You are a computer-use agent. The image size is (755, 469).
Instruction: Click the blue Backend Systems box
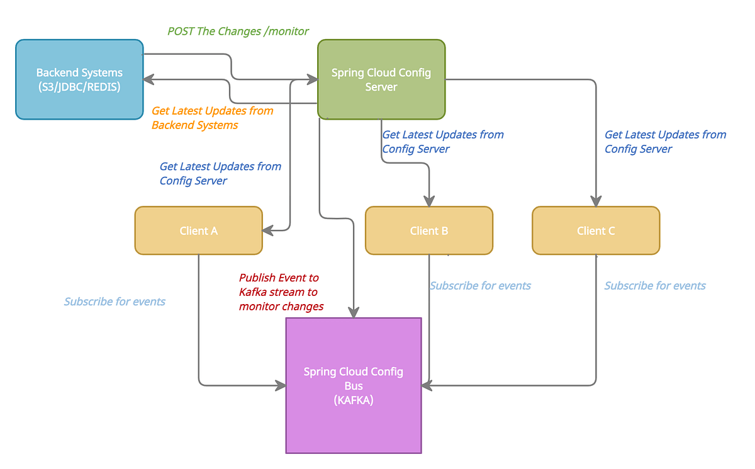pos(79,79)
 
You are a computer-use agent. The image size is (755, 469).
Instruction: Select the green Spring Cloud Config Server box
pos(381,79)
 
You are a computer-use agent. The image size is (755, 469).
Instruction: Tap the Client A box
pos(198,230)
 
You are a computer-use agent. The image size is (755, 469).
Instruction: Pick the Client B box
pos(428,230)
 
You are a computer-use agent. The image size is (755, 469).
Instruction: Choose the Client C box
pos(595,230)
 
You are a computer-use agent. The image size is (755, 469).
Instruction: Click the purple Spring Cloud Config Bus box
pos(354,385)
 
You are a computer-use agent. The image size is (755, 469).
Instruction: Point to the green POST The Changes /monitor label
pos(238,31)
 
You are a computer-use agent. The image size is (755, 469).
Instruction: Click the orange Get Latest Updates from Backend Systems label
pos(212,118)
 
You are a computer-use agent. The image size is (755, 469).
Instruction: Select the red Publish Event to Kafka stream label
pos(281,292)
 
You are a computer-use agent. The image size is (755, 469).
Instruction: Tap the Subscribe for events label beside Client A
pos(115,302)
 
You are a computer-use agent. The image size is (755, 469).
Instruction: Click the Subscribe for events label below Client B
pos(480,286)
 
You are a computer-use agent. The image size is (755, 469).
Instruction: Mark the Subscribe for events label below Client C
pos(655,286)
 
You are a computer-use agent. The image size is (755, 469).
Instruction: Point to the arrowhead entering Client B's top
pos(429,201)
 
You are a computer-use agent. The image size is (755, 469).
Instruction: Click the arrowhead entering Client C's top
pos(595,201)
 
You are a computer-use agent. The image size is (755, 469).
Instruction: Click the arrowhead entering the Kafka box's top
pos(354,312)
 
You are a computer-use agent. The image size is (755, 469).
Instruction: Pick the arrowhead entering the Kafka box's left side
pos(280,385)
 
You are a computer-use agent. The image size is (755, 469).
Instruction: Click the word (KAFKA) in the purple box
pos(354,400)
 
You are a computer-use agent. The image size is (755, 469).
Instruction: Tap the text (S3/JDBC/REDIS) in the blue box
pos(79,87)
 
